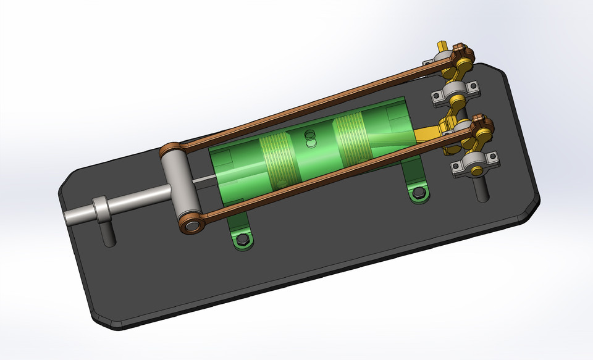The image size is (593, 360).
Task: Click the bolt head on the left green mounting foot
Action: (242, 238)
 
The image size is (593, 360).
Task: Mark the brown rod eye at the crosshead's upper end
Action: (169, 150)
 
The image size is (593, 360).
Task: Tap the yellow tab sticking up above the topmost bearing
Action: (441, 47)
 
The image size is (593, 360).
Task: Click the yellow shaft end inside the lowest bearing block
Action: (473, 162)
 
